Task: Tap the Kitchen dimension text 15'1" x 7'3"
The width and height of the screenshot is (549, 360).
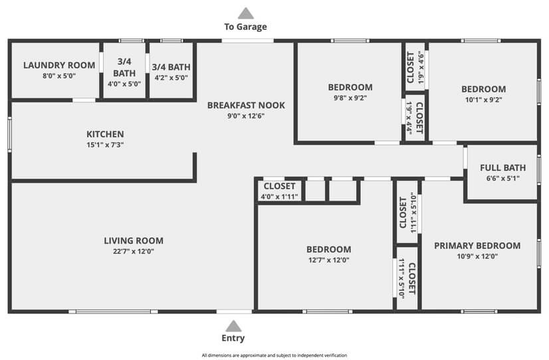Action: (x=104, y=145)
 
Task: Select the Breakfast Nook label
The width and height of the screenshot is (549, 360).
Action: (x=246, y=105)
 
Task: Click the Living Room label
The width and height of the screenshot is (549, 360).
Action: (x=134, y=240)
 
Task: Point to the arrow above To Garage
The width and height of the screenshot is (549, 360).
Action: (x=246, y=13)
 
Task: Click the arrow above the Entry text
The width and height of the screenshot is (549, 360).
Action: (x=233, y=325)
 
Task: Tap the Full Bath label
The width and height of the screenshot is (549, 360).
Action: (x=502, y=167)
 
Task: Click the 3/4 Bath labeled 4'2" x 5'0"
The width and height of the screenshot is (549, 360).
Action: (x=171, y=67)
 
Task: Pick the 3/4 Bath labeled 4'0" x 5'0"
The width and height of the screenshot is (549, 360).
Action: (x=124, y=67)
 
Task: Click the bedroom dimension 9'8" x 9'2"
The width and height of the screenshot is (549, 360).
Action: (x=350, y=98)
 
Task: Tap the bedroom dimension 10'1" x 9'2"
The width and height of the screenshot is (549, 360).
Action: (x=483, y=100)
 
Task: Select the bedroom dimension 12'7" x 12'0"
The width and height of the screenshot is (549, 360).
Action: (x=328, y=260)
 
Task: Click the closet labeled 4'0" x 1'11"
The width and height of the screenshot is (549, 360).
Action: (x=280, y=191)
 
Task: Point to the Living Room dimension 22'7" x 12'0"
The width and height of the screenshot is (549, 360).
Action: (x=134, y=252)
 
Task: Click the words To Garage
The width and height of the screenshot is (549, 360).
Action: (x=245, y=27)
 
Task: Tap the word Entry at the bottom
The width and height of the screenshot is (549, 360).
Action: (x=233, y=338)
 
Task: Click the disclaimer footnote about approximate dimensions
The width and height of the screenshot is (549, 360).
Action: (x=274, y=355)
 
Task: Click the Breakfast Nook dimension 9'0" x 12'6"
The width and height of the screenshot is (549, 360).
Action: (x=246, y=116)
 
